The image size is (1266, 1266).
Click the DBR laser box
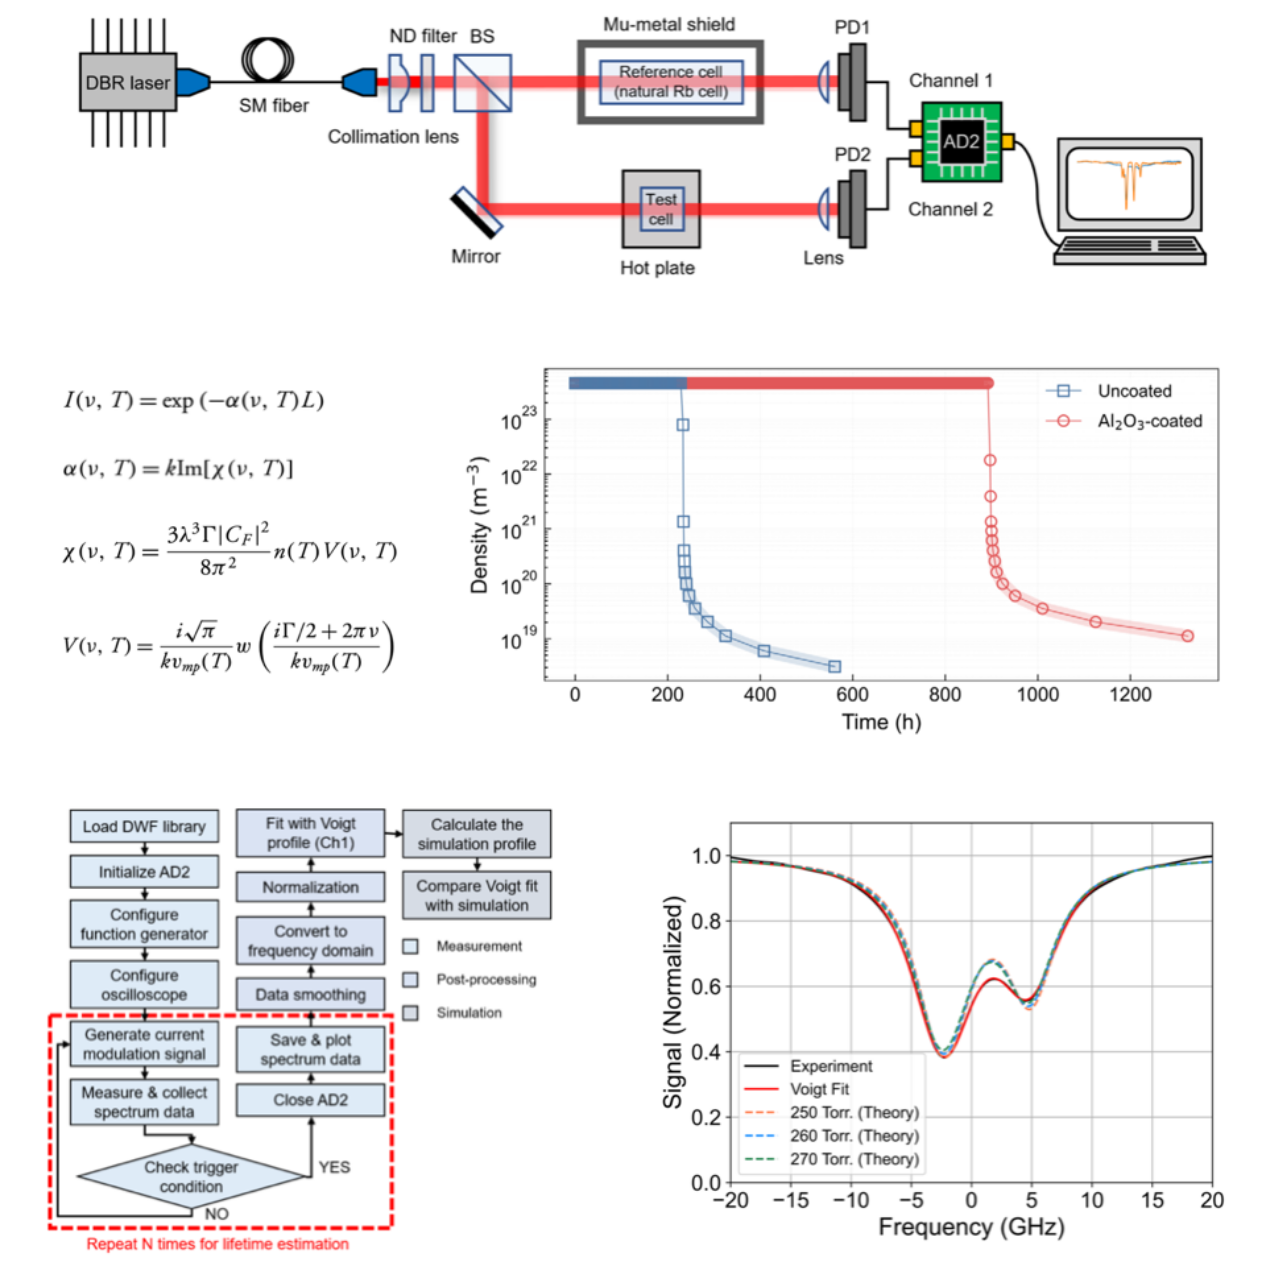point(128,83)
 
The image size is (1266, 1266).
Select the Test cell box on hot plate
point(661,209)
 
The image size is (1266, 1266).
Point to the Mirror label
point(475,256)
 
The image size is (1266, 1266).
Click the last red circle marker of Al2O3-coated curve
point(1188,636)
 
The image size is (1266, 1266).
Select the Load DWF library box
point(144,826)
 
